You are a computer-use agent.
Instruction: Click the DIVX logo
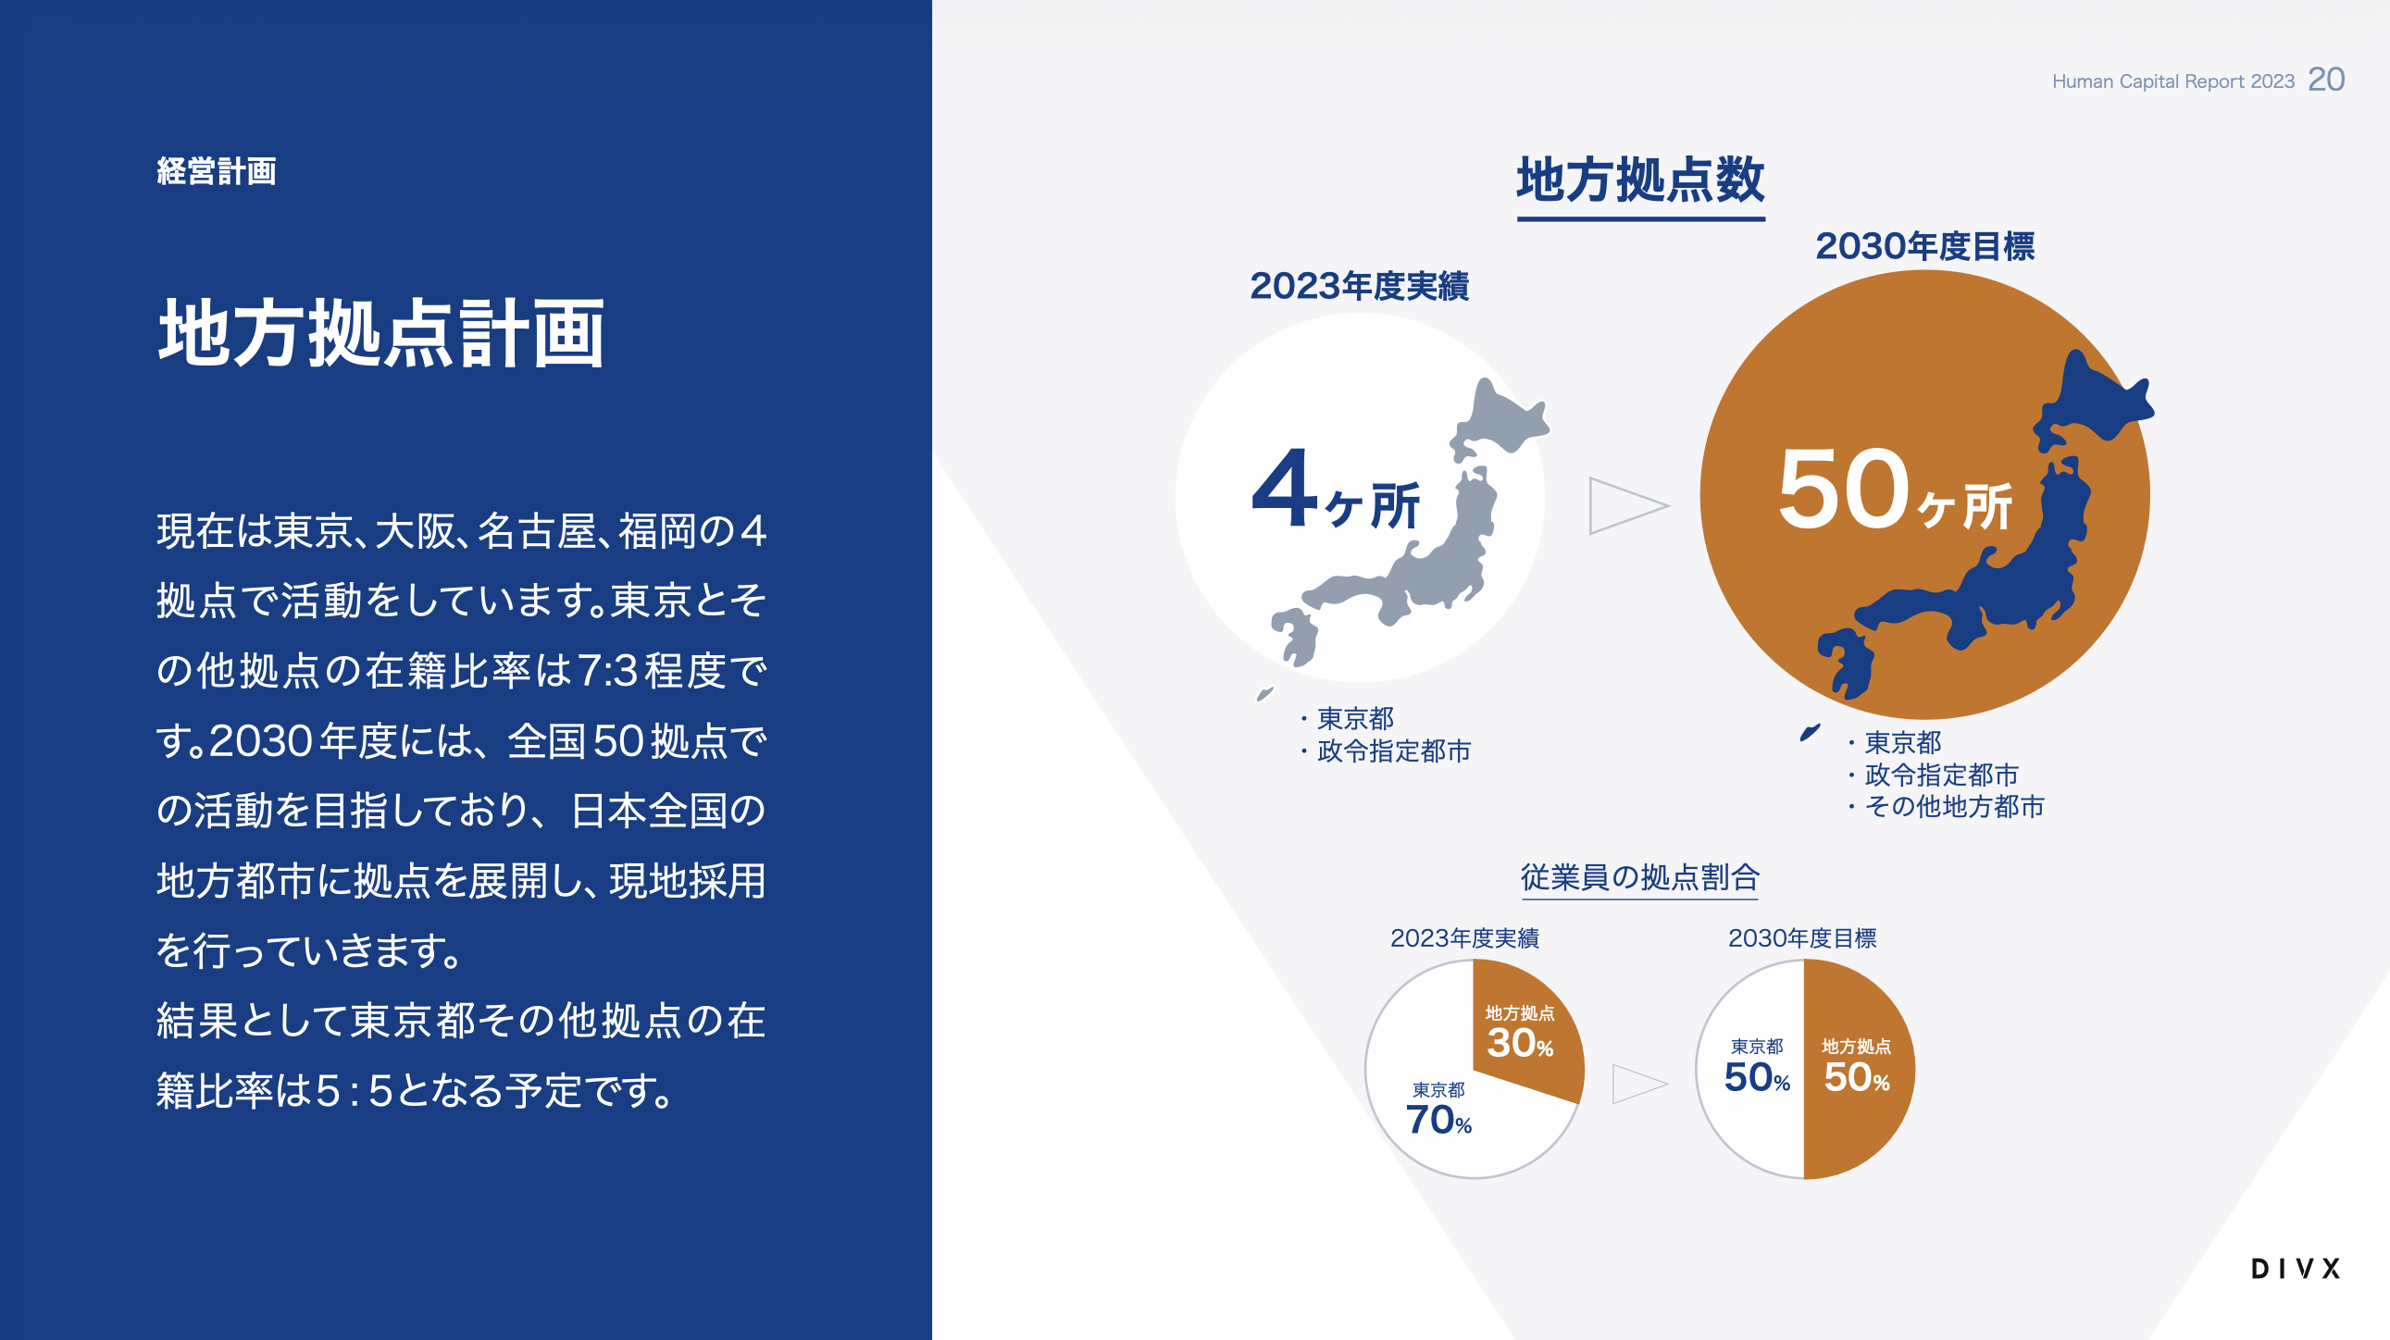2296,1269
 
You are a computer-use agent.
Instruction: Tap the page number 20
2326,80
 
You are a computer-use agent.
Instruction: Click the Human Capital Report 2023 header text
2172,81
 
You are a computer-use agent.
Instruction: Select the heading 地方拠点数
1640,180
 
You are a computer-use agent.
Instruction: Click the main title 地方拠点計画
381,334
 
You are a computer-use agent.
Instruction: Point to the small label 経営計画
217,171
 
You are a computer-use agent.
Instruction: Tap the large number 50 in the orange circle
1842,489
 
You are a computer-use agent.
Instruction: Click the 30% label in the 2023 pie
1520,1043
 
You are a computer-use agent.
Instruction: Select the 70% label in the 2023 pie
1439,1121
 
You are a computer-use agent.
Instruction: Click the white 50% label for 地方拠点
1857,1077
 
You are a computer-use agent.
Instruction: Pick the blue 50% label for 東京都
1757,1077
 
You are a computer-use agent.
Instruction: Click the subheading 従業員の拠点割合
1639,877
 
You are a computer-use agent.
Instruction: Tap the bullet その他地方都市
1954,807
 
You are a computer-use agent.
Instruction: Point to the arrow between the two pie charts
1640,1083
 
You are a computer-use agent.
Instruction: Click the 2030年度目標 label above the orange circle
1924,247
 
